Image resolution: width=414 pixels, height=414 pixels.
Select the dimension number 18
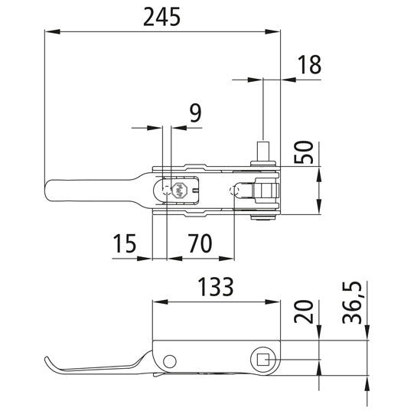(x=308, y=66)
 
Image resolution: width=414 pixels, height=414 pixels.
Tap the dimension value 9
(x=194, y=113)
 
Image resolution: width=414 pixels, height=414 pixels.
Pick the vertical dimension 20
(x=305, y=313)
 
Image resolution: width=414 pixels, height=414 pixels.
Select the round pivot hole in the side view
(x=169, y=360)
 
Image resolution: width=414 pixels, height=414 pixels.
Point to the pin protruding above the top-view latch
(x=263, y=150)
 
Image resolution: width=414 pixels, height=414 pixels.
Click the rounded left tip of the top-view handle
(x=50, y=191)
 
